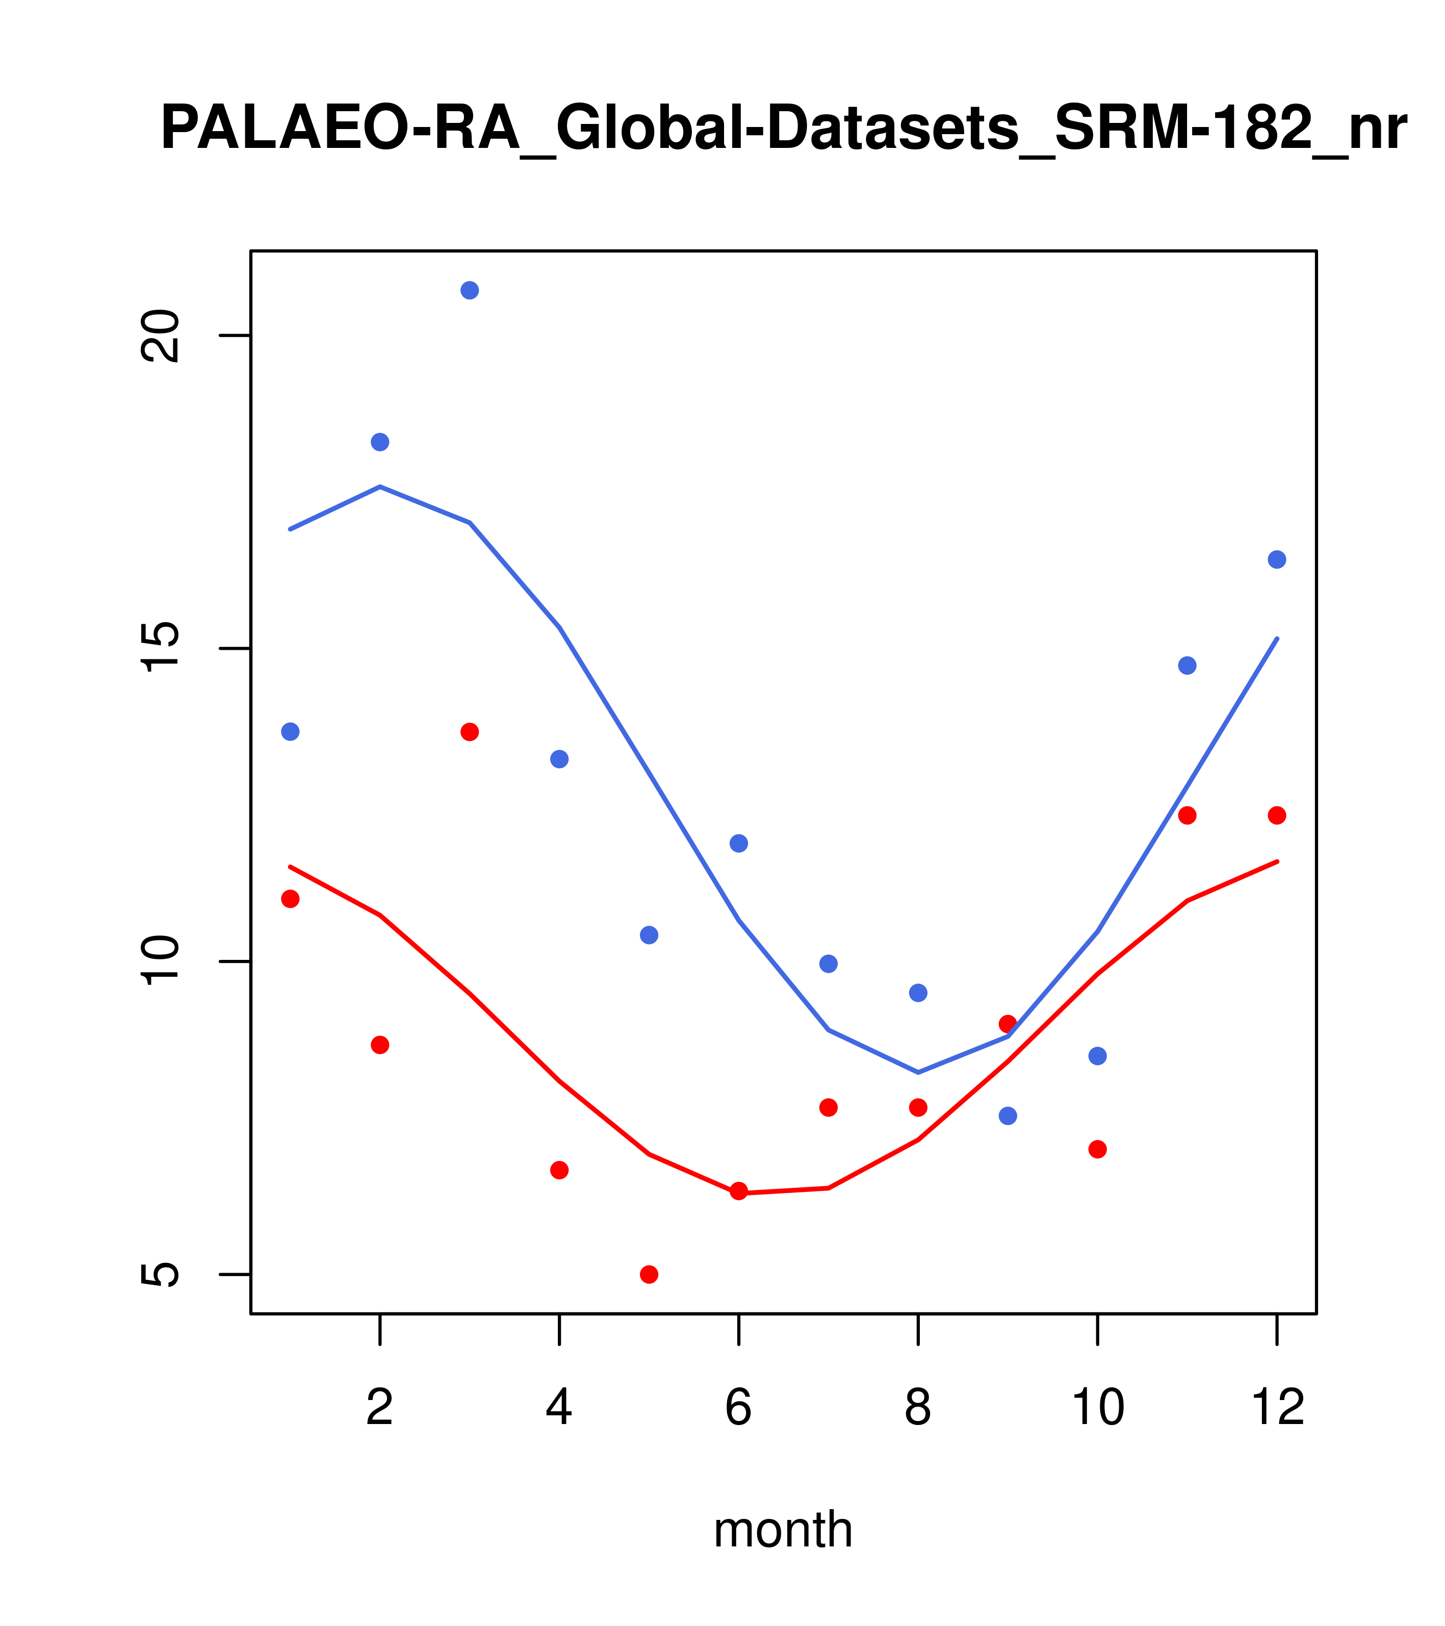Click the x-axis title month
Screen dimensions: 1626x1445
(783, 1530)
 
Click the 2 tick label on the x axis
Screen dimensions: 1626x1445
(380, 1407)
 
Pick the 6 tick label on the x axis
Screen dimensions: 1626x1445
(739, 1407)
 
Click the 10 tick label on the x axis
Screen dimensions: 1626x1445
(1097, 1407)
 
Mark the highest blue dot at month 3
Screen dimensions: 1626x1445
(470, 290)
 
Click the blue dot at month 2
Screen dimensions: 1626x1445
(380, 442)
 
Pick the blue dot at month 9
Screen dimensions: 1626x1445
(1008, 1116)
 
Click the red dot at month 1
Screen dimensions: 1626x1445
(290, 899)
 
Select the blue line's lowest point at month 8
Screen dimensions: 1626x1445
(918, 1072)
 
